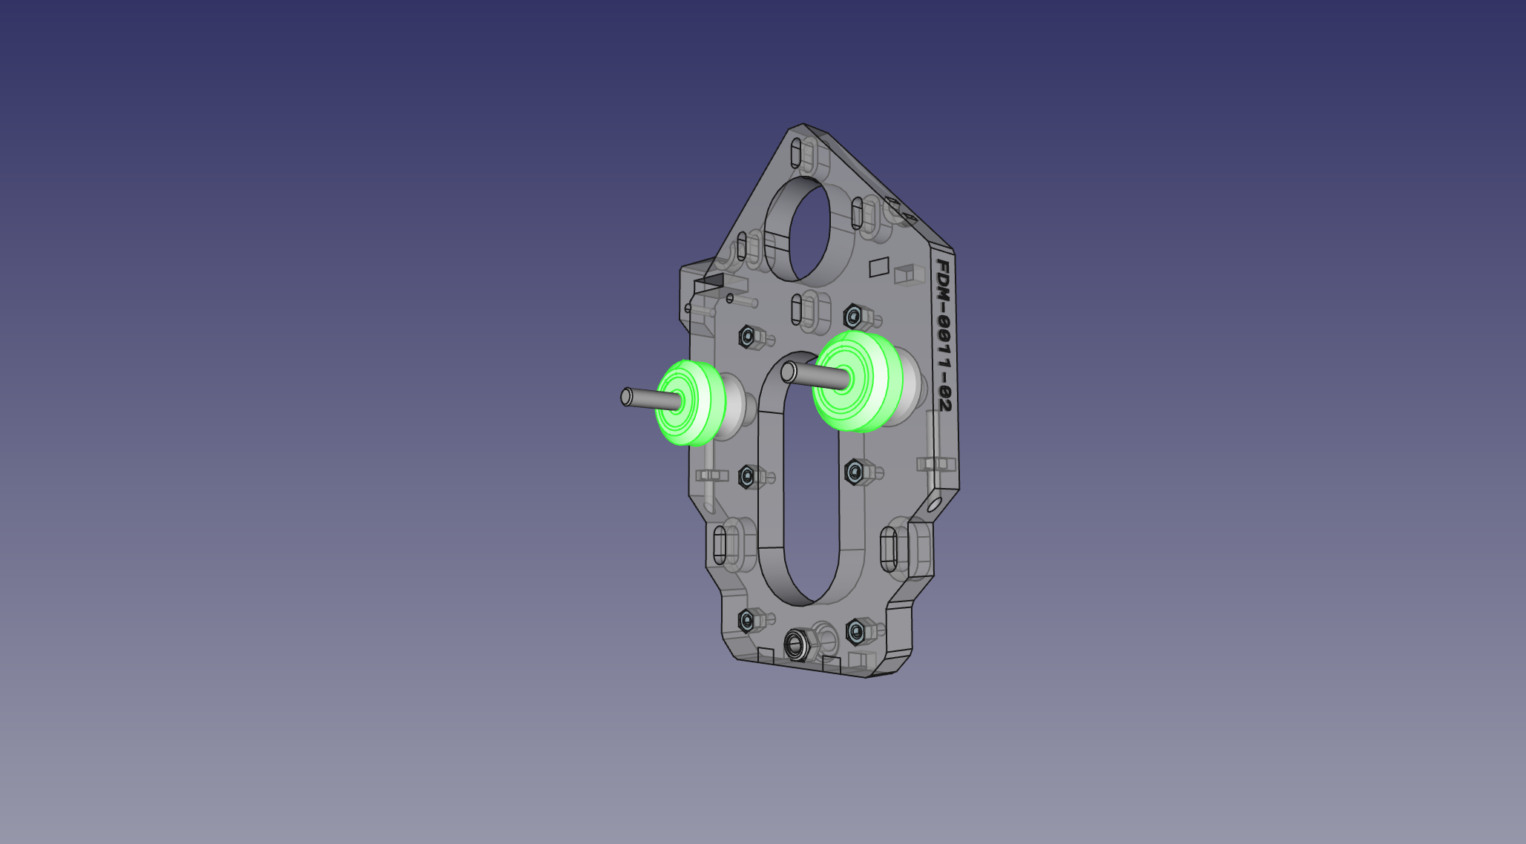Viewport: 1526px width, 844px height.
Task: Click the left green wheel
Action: click(x=688, y=403)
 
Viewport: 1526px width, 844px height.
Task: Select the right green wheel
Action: click(x=857, y=381)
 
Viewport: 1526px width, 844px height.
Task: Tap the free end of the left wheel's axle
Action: click(x=626, y=397)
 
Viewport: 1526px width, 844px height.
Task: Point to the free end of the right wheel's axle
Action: click(x=789, y=372)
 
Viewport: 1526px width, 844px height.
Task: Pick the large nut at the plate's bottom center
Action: click(x=799, y=644)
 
